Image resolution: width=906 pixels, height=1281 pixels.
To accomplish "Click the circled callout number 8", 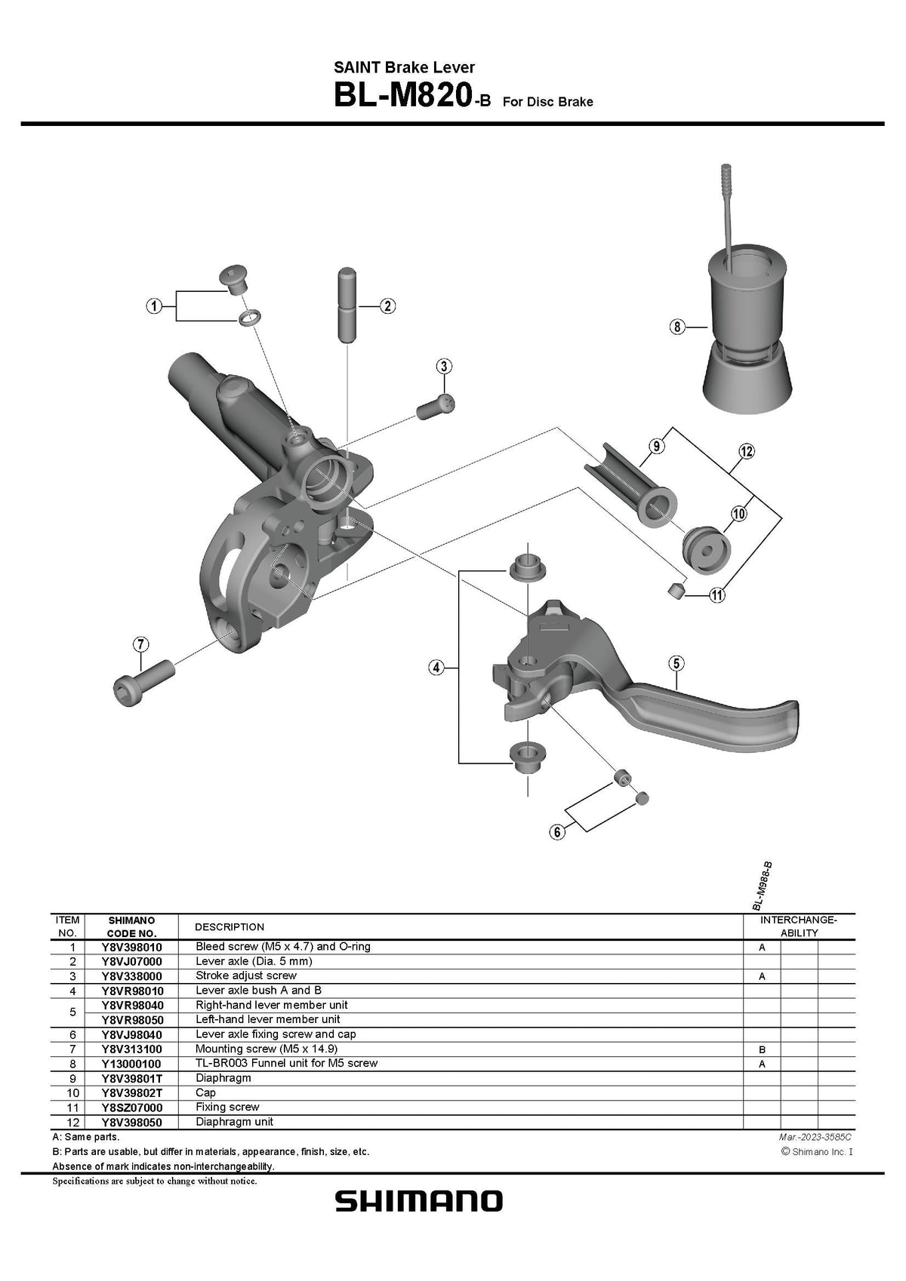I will [x=676, y=327].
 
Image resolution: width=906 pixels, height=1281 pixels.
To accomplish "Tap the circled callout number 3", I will [x=444, y=367].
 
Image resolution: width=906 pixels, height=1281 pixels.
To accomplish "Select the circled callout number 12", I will [x=746, y=452].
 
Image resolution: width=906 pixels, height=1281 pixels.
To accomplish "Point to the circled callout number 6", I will [x=557, y=832].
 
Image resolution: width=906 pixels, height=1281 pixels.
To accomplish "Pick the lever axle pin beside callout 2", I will [x=347, y=305].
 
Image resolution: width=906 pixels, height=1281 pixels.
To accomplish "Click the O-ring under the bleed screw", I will [x=247, y=317].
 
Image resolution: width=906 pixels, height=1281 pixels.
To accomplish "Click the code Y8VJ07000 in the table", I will [x=131, y=962].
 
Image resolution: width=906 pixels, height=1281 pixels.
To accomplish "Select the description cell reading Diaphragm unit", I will [x=234, y=1122].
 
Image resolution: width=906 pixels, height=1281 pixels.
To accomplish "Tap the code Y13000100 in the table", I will [x=131, y=1064].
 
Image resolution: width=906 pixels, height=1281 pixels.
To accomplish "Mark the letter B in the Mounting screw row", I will [x=762, y=1049].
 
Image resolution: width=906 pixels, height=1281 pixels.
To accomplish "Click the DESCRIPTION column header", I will [x=230, y=926].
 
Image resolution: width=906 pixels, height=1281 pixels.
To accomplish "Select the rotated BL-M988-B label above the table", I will [x=763, y=886].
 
